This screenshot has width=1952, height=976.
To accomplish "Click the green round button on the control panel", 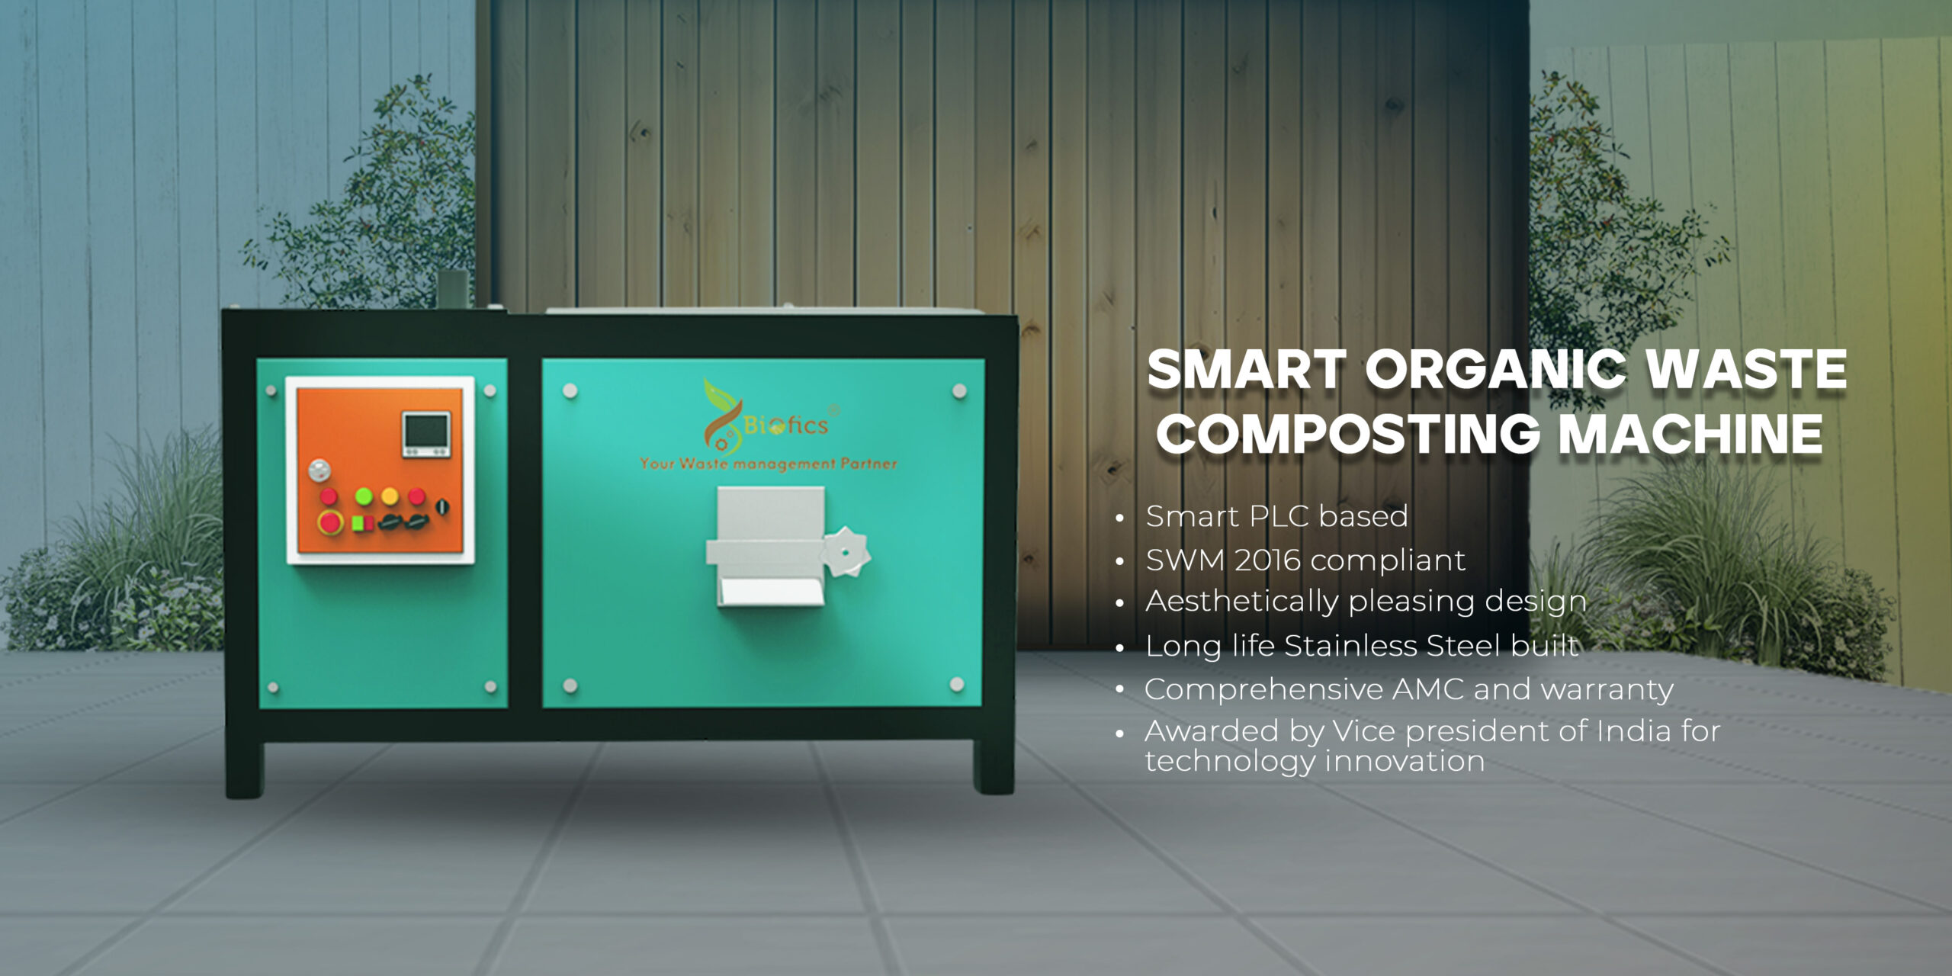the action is click(364, 496).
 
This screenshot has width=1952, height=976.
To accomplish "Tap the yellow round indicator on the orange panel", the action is click(390, 496).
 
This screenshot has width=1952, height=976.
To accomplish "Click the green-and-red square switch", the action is click(363, 523).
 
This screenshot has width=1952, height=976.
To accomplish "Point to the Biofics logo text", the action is click(785, 425).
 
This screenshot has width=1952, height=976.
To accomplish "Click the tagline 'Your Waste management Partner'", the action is click(769, 464).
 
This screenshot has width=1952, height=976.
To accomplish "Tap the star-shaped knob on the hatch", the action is click(846, 551).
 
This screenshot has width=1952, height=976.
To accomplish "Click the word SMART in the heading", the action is click(1247, 370).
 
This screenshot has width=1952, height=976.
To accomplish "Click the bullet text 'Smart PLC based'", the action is click(1276, 517).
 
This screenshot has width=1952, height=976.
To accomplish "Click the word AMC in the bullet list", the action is click(1428, 689).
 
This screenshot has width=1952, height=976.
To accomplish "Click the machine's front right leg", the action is click(993, 766).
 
